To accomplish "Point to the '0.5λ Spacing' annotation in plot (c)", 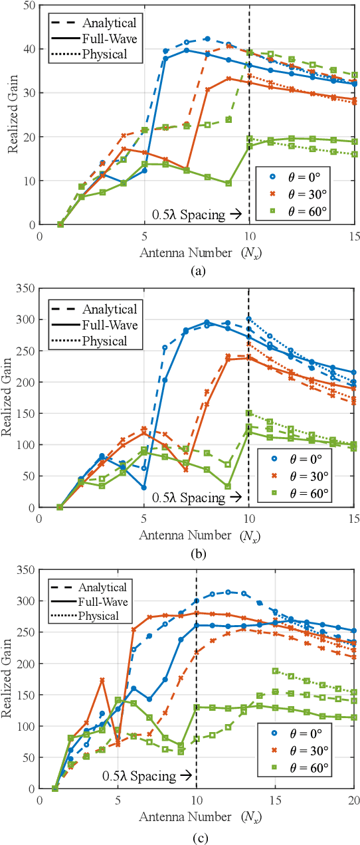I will [x=146, y=775].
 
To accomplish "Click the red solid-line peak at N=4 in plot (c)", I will [x=102, y=680].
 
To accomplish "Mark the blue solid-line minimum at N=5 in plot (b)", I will [x=144, y=488].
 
